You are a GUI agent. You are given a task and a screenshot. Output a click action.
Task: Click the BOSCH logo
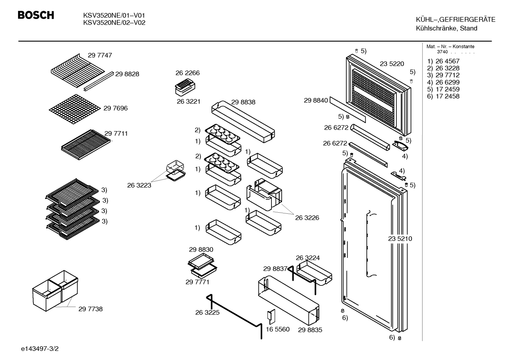36,15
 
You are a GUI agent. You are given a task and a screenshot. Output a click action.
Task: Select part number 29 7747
100,55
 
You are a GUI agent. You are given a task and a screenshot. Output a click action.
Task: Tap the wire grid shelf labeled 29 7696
75,109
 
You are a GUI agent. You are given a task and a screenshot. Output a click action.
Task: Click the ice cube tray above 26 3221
185,87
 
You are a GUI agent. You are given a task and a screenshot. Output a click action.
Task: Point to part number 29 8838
243,102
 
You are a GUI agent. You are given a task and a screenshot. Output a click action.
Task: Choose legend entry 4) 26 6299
443,82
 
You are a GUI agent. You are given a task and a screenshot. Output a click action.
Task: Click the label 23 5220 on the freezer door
392,64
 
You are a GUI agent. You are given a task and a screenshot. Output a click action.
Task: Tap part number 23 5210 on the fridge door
400,238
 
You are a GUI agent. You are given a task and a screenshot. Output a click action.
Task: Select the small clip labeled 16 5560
271,317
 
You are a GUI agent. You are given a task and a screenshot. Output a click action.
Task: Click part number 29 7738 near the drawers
90,309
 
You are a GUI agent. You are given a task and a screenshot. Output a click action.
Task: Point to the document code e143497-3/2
40,349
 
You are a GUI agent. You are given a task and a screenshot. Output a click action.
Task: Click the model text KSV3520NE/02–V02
114,23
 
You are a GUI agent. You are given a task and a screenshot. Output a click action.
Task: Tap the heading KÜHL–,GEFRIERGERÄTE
456,19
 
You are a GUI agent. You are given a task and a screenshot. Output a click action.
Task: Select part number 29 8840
316,100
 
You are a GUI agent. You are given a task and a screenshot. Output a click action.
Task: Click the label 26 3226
307,218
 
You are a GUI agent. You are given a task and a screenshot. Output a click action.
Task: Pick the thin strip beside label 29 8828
98,81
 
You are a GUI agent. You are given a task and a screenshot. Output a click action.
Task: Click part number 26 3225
207,312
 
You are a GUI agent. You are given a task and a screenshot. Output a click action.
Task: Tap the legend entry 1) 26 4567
443,61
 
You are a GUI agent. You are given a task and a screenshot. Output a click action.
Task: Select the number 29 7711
116,134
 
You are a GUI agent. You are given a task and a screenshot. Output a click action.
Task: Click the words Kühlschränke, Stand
447,28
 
